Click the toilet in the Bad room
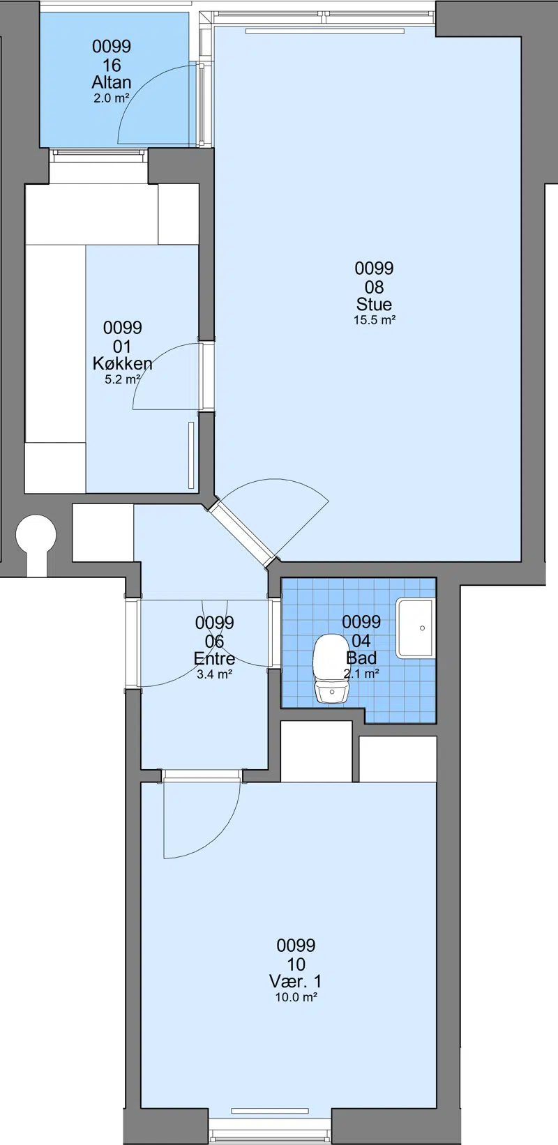click(331, 669)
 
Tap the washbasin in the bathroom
click(415, 628)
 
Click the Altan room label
click(112, 82)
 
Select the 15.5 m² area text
click(375, 321)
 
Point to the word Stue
click(374, 304)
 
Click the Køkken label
click(122, 363)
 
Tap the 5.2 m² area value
click(122, 379)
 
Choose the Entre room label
click(214, 658)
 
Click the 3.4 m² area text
click(214, 674)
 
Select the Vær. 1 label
click(296, 981)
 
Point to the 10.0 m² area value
click(296, 997)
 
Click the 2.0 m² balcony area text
click(111, 98)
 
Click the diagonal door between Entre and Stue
click(241, 533)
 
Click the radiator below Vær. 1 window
click(269, 1111)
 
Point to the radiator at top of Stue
click(325, 31)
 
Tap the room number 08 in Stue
click(374, 287)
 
